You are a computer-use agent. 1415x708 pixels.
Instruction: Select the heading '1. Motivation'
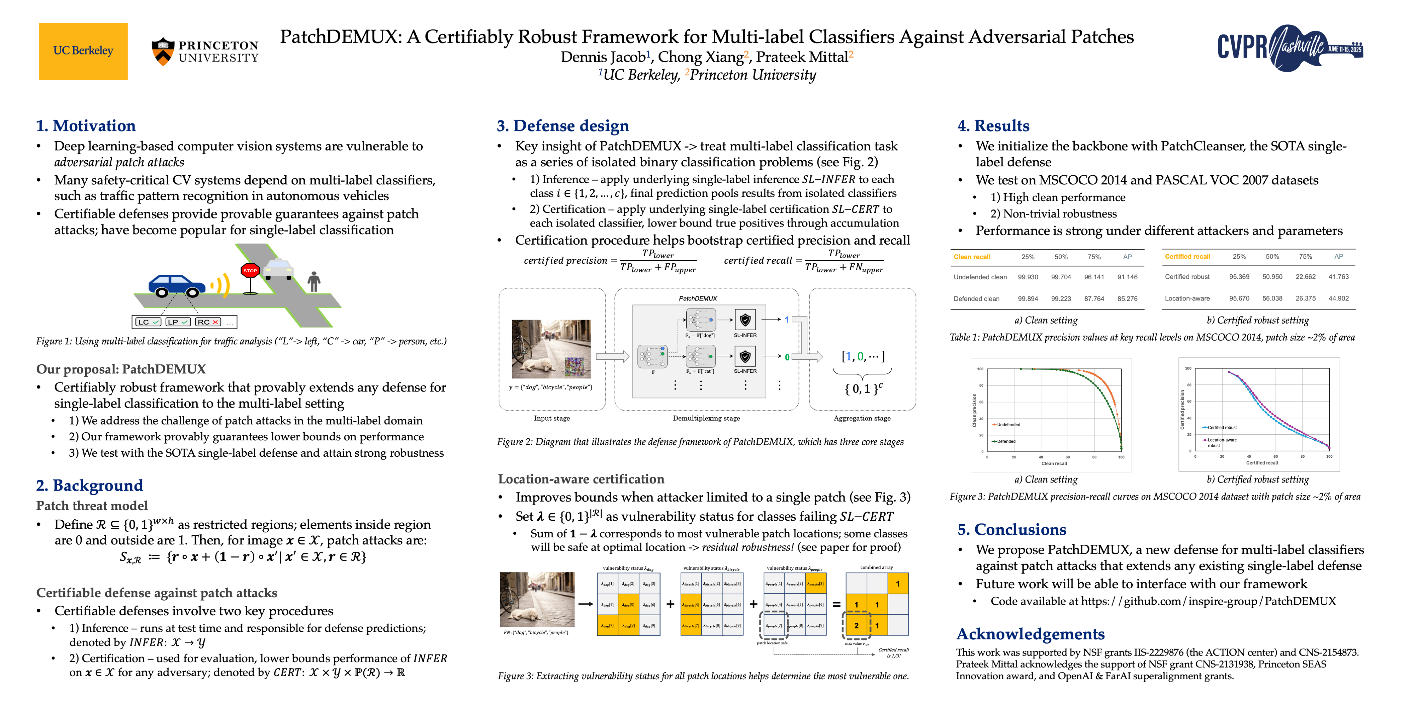[86, 126]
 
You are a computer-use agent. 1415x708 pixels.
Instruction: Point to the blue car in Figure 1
[176, 284]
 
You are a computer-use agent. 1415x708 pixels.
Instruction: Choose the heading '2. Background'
[89, 485]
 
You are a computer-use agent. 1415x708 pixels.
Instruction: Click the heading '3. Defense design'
[562, 126]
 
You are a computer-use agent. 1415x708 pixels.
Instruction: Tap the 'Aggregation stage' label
[862, 418]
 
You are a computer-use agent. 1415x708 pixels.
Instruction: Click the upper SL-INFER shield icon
[745, 319]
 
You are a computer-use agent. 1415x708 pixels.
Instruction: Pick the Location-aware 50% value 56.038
[1272, 298]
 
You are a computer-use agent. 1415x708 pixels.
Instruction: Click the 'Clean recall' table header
[972, 257]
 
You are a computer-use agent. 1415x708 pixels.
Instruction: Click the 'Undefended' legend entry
[1008, 424]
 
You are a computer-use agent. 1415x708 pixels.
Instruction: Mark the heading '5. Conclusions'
[1011, 529]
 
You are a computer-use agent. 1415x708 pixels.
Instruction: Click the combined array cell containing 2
[856, 626]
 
